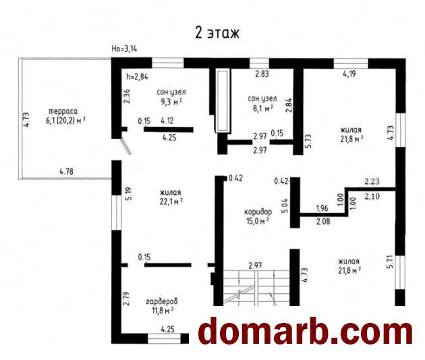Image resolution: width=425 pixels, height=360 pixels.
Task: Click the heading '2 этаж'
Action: click(x=217, y=33)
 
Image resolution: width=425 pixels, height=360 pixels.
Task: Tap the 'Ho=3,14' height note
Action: click(x=124, y=49)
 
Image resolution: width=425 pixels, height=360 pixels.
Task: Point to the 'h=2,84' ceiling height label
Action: click(x=137, y=77)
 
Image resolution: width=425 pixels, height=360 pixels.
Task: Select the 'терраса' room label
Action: click(x=63, y=111)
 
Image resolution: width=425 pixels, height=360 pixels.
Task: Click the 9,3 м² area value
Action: click(x=171, y=102)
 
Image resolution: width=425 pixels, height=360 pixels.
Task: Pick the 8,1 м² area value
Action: click(x=262, y=109)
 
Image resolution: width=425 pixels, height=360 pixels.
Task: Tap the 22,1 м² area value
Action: click(x=171, y=202)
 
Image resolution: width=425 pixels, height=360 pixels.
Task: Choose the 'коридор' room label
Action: click(x=258, y=212)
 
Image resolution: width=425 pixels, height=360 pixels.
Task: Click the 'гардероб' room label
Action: click(x=162, y=301)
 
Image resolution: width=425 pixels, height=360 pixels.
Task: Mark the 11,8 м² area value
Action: click(x=163, y=310)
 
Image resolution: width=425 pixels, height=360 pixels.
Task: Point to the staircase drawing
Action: click(x=256, y=288)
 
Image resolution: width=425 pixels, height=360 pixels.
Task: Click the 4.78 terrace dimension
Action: click(x=66, y=171)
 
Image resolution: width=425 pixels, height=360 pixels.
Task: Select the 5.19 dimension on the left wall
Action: click(x=129, y=194)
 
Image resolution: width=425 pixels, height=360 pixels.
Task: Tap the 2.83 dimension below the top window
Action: click(x=262, y=73)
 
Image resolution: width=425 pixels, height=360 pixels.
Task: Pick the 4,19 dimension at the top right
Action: click(x=349, y=73)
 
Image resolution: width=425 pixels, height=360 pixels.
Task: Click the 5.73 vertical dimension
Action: click(x=309, y=141)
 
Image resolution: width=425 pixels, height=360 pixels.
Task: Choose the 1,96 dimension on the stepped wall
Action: click(x=322, y=208)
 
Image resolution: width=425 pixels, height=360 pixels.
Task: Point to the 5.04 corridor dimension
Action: click(x=285, y=206)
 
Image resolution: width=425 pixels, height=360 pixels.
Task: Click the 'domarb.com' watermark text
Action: click(x=306, y=331)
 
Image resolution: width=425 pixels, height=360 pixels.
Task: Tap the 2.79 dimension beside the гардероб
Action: click(x=126, y=299)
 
